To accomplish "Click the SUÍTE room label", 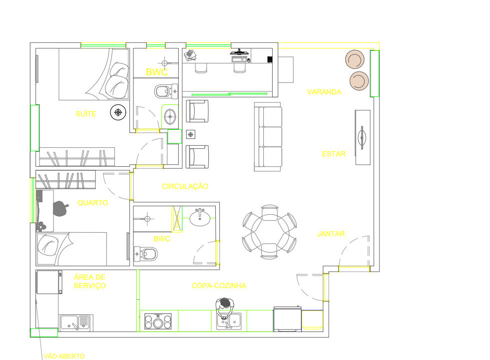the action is (x=86, y=114).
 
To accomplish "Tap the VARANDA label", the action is (x=324, y=92).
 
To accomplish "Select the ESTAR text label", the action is (x=334, y=154).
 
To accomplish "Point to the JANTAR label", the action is (x=331, y=234).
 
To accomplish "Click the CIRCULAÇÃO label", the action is (x=185, y=186).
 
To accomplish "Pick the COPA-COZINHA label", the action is (x=219, y=286).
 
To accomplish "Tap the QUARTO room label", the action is (x=93, y=203).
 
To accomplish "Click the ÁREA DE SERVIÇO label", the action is (x=90, y=281).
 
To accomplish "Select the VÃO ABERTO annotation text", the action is (x=64, y=356).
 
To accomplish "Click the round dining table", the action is (x=269, y=232).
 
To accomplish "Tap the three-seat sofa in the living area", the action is (x=268, y=137).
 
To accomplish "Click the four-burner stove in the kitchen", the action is (x=158, y=321).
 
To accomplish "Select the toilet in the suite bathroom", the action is (x=166, y=91).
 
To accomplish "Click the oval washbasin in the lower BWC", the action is (x=200, y=217).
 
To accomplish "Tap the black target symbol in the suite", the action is (x=118, y=112).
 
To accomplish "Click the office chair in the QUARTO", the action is (x=60, y=209).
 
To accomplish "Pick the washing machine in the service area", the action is (x=49, y=282).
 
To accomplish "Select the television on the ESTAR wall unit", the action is (x=362, y=137).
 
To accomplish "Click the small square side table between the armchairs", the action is (x=191, y=134).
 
